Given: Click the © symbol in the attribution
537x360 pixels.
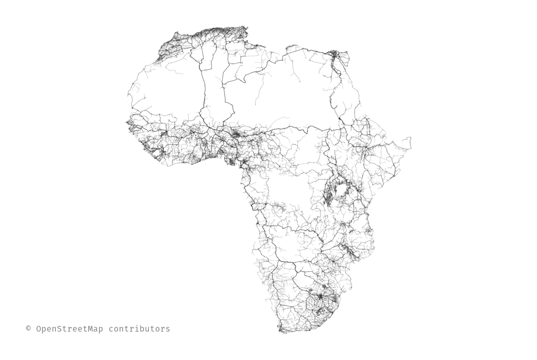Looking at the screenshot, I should (29, 329).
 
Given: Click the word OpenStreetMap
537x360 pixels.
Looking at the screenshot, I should (69, 329).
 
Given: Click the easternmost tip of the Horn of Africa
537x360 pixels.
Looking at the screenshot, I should (410, 138).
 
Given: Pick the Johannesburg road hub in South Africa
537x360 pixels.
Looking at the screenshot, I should (320, 296).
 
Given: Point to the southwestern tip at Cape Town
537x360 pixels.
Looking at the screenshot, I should (280, 329).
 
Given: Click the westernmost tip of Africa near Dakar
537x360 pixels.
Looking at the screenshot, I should (127, 122).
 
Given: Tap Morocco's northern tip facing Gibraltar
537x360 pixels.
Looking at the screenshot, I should (177, 34).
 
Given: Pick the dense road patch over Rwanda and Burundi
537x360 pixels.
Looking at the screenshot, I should (328, 195).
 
